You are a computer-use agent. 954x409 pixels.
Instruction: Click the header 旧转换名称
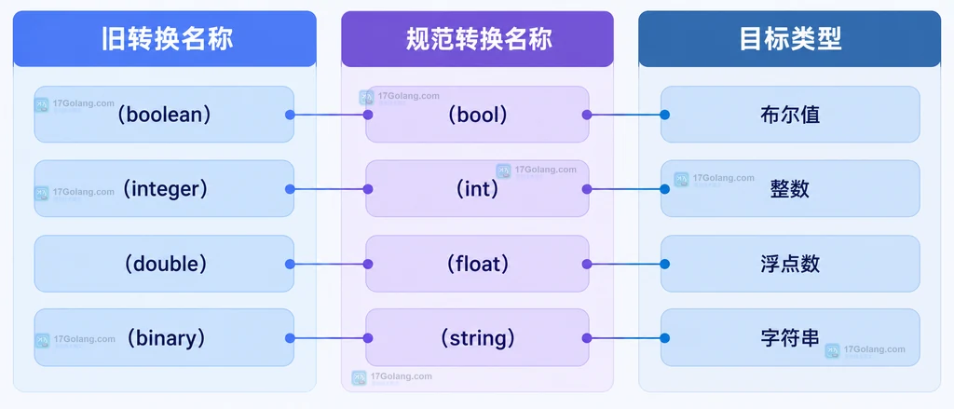(x=164, y=39)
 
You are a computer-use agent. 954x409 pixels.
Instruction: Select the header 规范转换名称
(x=478, y=39)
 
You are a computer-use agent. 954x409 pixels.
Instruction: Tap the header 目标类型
(x=790, y=39)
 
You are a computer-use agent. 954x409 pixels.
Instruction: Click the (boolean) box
(x=164, y=115)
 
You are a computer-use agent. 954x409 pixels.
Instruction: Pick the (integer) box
(x=164, y=189)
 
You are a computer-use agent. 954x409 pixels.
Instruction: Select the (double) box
(x=164, y=264)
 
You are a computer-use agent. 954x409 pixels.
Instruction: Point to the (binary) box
(x=164, y=338)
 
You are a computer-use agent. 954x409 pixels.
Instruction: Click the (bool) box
(x=478, y=115)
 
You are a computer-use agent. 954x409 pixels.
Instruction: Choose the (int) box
(x=478, y=189)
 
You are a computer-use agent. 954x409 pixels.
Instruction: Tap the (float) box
(x=478, y=264)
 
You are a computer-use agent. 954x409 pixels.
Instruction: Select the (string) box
(x=478, y=338)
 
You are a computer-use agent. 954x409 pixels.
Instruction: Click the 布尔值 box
(x=790, y=115)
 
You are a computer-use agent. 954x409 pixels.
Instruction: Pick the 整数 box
(x=790, y=189)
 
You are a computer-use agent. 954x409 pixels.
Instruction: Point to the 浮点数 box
(x=790, y=264)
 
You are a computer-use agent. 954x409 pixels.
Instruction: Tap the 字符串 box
(x=790, y=338)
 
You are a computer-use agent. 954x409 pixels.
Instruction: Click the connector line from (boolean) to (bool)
(x=329, y=115)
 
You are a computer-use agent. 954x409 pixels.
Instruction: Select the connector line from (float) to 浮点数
(x=625, y=265)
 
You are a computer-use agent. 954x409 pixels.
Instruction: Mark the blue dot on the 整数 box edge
(x=665, y=189)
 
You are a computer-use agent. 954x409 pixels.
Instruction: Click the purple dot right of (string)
(x=587, y=338)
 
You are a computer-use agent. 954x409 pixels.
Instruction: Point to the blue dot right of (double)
(x=290, y=265)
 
